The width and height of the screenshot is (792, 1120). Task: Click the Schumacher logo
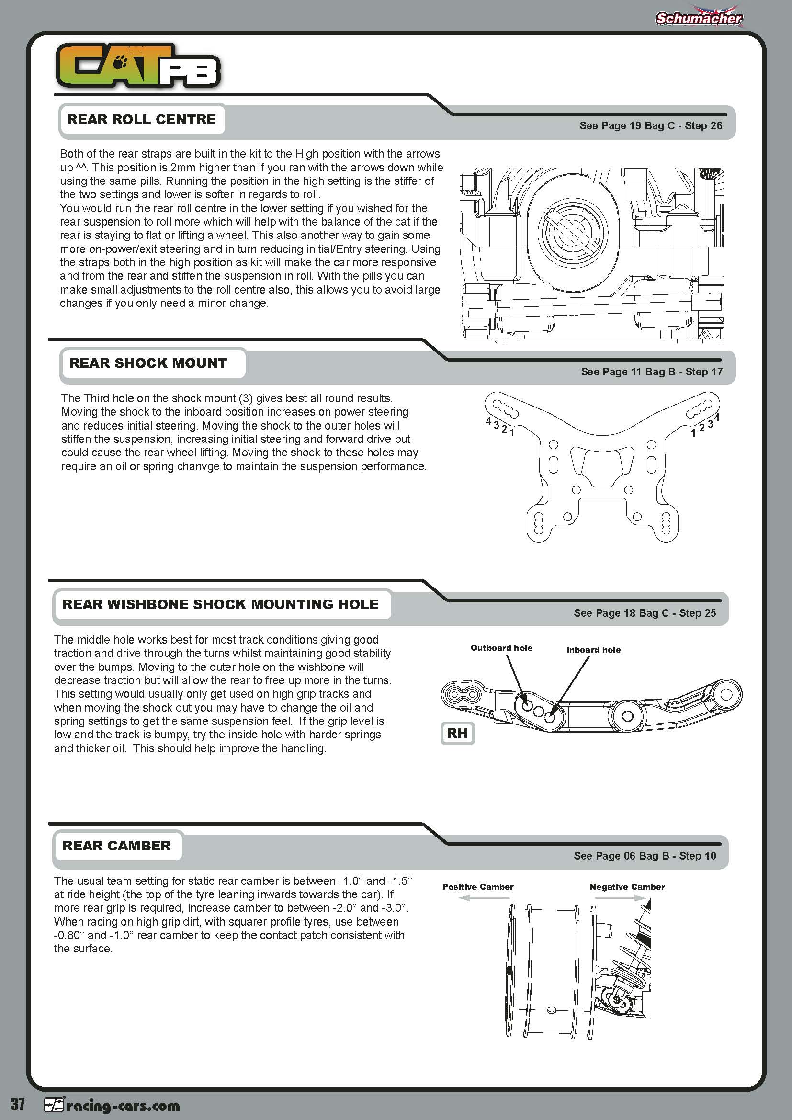698,18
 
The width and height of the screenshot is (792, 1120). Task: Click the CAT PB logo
138,67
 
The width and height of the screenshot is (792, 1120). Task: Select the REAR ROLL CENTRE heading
141,120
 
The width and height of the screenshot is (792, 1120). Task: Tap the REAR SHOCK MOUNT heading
148,363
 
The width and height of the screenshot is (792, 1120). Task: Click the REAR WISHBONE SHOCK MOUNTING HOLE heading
220,604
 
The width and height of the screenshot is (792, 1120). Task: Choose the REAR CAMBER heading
116,845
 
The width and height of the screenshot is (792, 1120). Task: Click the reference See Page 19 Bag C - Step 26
651,126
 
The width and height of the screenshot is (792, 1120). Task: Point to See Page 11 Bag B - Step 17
652,372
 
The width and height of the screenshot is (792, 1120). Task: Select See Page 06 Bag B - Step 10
645,856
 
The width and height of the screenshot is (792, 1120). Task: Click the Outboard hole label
501,648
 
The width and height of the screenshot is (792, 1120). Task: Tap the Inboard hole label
593,650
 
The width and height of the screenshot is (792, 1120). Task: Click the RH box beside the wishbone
457,733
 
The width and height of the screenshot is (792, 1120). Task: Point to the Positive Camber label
477,887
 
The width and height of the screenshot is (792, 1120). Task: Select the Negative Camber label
627,887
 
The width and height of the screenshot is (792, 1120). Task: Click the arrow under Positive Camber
471,898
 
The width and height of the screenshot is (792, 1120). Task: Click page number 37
18,1104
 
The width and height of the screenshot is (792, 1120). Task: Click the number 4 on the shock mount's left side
488,420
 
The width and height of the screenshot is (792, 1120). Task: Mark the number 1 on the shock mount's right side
693,433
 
